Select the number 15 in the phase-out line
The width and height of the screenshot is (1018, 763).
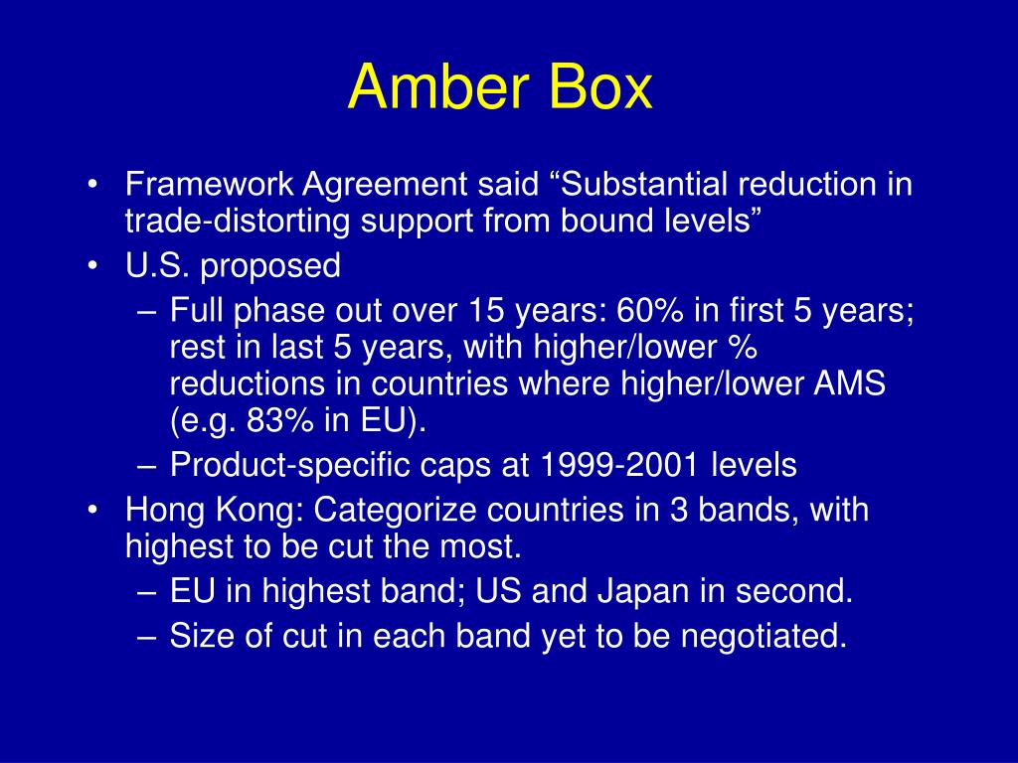(x=478, y=312)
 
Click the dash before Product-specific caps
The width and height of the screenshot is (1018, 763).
(x=146, y=464)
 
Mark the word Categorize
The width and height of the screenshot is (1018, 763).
(x=396, y=511)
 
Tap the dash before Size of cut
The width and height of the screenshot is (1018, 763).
(x=146, y=636)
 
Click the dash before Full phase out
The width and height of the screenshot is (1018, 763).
(x=146, y=312)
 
